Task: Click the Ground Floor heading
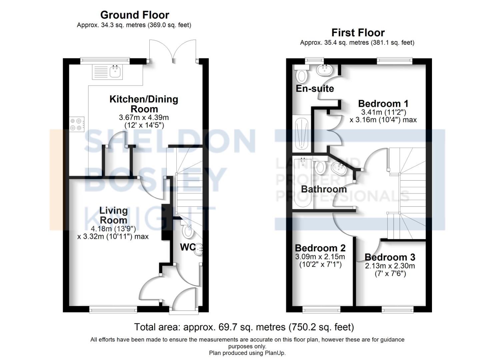click(134, 15)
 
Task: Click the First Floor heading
click(358, 33)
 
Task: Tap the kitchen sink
click(115, 72)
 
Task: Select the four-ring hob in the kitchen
click(76, 124)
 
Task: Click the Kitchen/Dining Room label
click(144, 104)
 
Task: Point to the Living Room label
click(113, 215)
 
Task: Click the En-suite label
click(315, 89)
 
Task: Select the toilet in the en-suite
click(302, 75)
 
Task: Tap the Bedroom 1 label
click(383, 104)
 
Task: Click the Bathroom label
click(324, 189)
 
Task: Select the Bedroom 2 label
click(320, 248)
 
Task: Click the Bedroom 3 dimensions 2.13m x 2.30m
click(390, 266)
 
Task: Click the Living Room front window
click(113, 310)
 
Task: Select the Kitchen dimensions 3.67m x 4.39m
click(144, 118)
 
